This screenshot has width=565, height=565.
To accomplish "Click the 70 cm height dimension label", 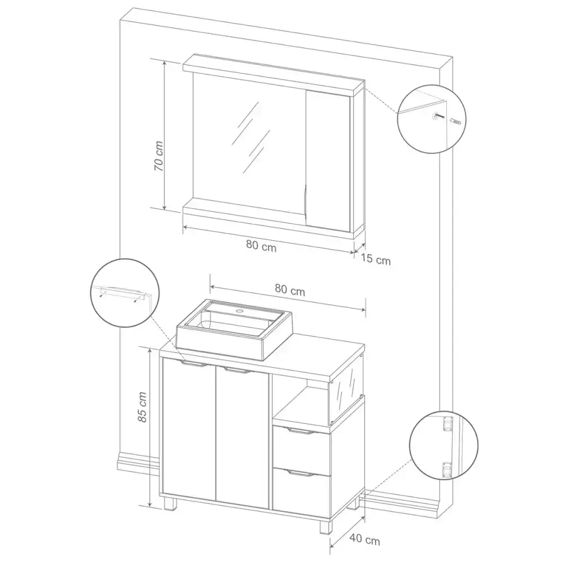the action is tap(159, 156).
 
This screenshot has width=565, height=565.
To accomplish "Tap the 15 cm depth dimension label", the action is tap(376, 259).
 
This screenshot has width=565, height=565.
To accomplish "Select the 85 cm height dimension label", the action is tap(142, 407).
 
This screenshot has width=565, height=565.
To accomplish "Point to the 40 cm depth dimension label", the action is tap(364, 540).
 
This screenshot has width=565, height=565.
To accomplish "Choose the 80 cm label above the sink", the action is tap(290, 290).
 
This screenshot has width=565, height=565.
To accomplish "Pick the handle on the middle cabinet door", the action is tap(236, 371).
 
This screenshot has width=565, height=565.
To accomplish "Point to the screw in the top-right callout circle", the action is tap(439, 116).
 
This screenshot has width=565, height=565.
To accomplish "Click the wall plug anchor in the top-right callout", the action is tap(455, 122).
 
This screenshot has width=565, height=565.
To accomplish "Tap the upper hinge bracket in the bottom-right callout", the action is tap(447, 423).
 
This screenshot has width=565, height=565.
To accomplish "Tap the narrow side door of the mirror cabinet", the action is tap(328, 160).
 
